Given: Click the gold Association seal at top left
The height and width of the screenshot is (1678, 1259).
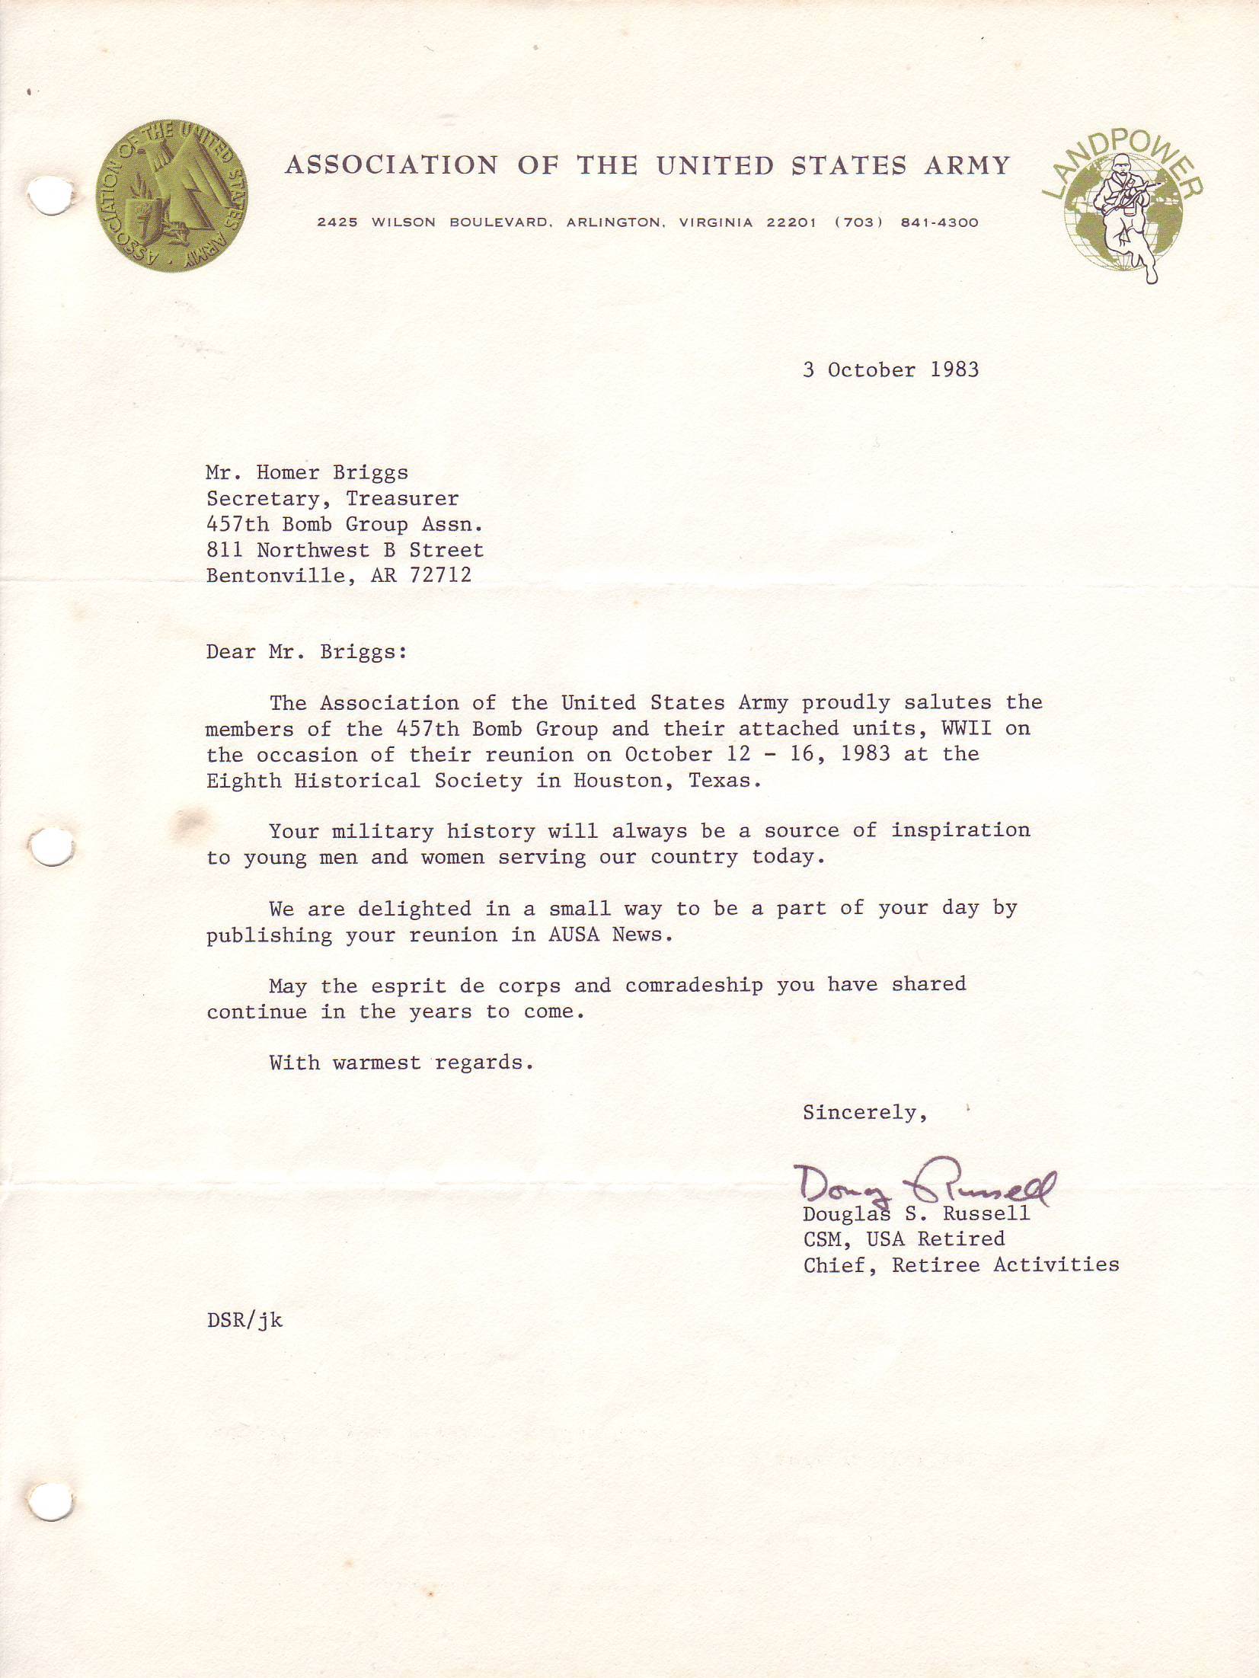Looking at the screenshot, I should click(171, 194).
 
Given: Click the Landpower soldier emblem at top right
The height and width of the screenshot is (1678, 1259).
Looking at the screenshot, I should click(1123, 209).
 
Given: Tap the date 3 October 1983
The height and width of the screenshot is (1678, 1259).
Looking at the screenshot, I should click(890, 370).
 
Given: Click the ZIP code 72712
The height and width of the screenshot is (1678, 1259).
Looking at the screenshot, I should click(440, 575).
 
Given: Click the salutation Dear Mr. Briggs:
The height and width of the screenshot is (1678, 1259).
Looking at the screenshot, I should click(306, 653).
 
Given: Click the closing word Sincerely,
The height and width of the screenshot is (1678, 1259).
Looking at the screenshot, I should click(864, 1113).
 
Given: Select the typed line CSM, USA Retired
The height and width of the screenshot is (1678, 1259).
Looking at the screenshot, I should click(903, 1239).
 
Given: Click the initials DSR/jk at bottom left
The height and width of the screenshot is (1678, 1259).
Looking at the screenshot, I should click(244, 1320).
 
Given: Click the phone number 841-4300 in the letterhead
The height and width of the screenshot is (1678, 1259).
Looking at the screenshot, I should click(939, 223).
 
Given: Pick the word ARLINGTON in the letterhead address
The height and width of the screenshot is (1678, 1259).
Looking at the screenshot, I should click(613, 223).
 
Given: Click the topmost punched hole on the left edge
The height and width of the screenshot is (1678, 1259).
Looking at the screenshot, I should click(51, 195).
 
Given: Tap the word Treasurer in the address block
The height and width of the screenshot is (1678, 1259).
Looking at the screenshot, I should click(402, 499).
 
